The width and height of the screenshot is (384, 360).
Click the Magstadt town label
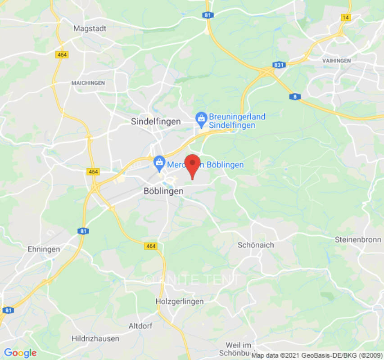(90, 28)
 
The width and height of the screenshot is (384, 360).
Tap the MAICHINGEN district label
(88, 83)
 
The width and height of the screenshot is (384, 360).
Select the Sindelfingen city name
(156, 121)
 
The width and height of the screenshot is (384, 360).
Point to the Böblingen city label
(163, 191)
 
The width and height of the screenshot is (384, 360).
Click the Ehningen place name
(44, 249)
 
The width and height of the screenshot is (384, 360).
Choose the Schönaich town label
(256, 245)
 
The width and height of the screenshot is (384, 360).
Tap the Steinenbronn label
(358, 240)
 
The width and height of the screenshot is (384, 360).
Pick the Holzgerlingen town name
(179, 301)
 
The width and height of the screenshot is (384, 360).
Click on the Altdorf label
(140, 326)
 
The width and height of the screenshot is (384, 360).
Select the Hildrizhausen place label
(95, 338)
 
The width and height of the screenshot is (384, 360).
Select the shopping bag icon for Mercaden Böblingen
(159, 163)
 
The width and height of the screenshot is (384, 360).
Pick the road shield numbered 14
(346, 18)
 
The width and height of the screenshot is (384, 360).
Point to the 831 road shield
(279, 65)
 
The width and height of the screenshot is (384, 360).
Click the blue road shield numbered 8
(295, 97)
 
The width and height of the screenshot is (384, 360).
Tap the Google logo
(20, 353)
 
